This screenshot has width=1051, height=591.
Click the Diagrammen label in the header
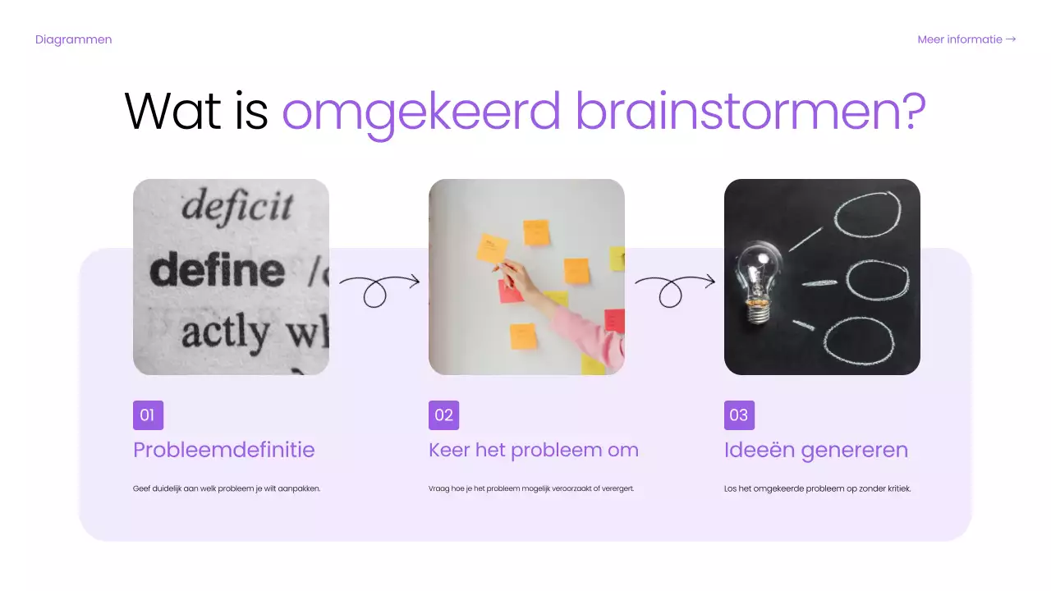click(73, 39)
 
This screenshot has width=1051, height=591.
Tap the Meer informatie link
click(959, 39)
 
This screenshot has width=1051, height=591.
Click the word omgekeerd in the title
click(421, 111)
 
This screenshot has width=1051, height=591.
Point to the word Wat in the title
click(172, 111)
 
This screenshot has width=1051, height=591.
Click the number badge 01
click(148, 415)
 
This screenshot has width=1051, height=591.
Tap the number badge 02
click(443, 415)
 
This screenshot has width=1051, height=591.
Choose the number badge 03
click(739, 415)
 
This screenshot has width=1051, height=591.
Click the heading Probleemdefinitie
click(223, 450)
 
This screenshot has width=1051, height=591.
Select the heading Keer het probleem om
click(533, 450)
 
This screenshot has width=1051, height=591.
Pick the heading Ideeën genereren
click(815, 450)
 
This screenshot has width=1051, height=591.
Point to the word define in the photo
click(218, 270)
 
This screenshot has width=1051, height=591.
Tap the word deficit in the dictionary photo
click(236, 206)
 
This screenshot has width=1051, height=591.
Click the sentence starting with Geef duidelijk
click(226, 488)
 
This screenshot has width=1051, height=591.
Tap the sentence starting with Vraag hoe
click(530, 488)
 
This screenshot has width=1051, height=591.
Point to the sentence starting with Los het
click(817, 488)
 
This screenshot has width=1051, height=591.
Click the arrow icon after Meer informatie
click(1011, 39)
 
